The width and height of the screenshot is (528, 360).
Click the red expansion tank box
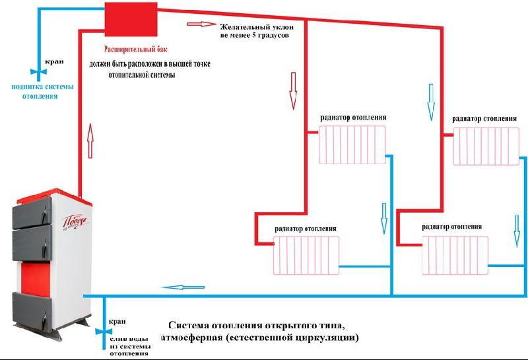coord(131,19)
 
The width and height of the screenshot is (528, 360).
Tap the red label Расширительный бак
coord(136,50)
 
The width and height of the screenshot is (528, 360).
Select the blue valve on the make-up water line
coord(39,72)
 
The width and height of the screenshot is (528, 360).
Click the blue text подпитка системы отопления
coord(42,91)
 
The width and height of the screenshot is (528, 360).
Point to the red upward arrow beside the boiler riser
coord(90,141)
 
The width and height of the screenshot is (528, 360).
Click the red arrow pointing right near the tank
coord(201,24)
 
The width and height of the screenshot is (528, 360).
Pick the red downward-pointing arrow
coord(293,90)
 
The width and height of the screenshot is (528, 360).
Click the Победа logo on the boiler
coord(76,222)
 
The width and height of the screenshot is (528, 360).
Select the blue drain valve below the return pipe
coord(104,332)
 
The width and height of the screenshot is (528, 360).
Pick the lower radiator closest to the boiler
coord(306,255)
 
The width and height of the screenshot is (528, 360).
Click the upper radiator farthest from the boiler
coord(486,146)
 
